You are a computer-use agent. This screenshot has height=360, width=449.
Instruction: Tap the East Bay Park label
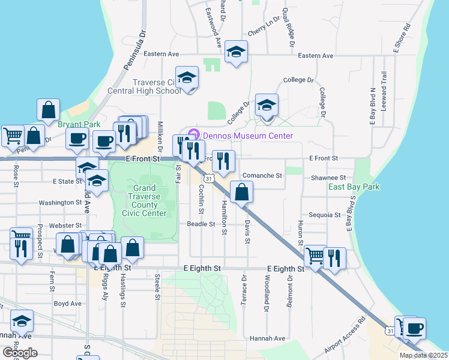click(354, 187)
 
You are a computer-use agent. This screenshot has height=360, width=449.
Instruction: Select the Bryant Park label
click(79, 124)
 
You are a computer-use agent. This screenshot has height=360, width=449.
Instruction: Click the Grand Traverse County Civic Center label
click(145, 200)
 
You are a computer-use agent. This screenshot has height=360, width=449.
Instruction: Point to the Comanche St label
click(262, 176)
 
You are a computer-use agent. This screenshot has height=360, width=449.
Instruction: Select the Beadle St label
click(200, 224)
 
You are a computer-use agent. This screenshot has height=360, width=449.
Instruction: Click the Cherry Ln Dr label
click(264, 28)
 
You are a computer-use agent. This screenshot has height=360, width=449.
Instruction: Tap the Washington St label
click(60, 203)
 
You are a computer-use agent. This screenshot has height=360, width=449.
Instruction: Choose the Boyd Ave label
click(67, 304)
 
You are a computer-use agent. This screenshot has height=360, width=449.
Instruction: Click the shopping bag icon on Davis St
click(241, 193)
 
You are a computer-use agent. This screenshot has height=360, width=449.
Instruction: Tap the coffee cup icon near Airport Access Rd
click(414, 328)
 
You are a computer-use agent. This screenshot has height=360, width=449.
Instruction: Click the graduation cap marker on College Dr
click(266, 105)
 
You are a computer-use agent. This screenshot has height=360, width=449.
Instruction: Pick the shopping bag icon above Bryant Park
click(49, 110)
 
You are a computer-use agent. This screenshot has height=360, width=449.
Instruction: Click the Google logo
click(20, 353)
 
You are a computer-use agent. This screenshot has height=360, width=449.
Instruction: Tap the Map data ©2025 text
click(423, 355)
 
